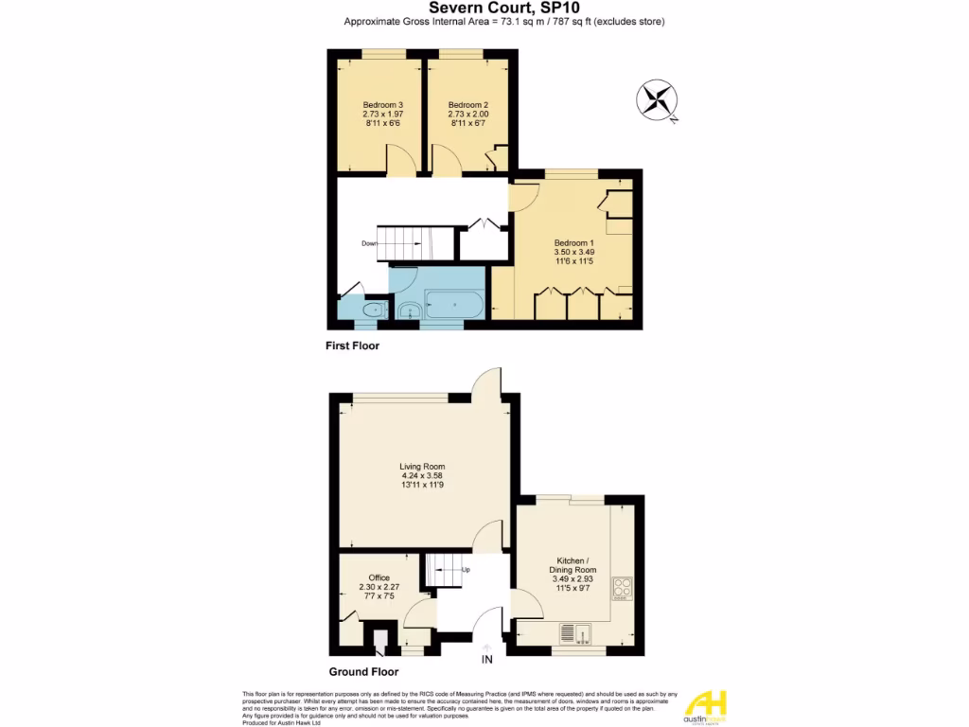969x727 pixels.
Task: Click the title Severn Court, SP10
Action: point(484,8)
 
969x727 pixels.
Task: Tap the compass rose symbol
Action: point(655,101)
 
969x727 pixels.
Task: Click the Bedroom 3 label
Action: point(383,104)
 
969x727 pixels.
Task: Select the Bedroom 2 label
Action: point(467,104)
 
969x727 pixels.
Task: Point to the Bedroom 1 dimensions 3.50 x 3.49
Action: point(573,252)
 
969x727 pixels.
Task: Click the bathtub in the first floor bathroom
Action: point(455,305)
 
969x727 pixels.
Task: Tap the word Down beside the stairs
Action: point(369,243)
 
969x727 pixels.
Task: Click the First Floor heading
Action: point(353,346)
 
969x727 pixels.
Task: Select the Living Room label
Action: point(422,467)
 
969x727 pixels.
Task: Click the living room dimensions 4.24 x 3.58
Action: point(422,476)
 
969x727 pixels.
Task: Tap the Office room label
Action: point(379,577)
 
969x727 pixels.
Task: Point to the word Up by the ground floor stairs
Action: point(466,570)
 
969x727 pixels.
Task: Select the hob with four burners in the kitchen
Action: point(623,588)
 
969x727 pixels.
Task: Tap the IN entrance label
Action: point(487,659)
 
